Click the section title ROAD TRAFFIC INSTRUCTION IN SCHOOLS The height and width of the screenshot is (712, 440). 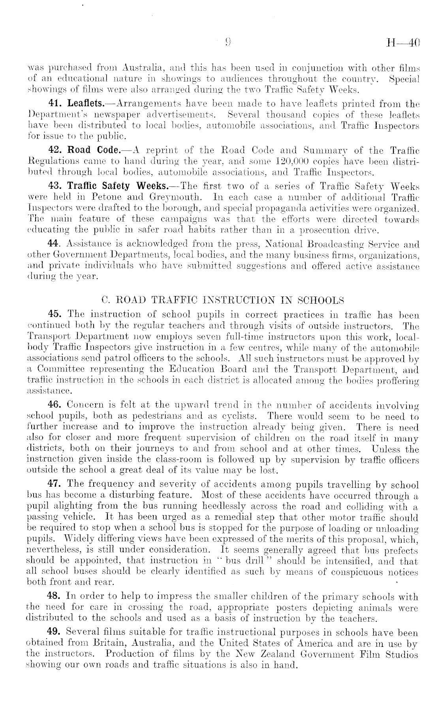(x=223, y=300)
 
